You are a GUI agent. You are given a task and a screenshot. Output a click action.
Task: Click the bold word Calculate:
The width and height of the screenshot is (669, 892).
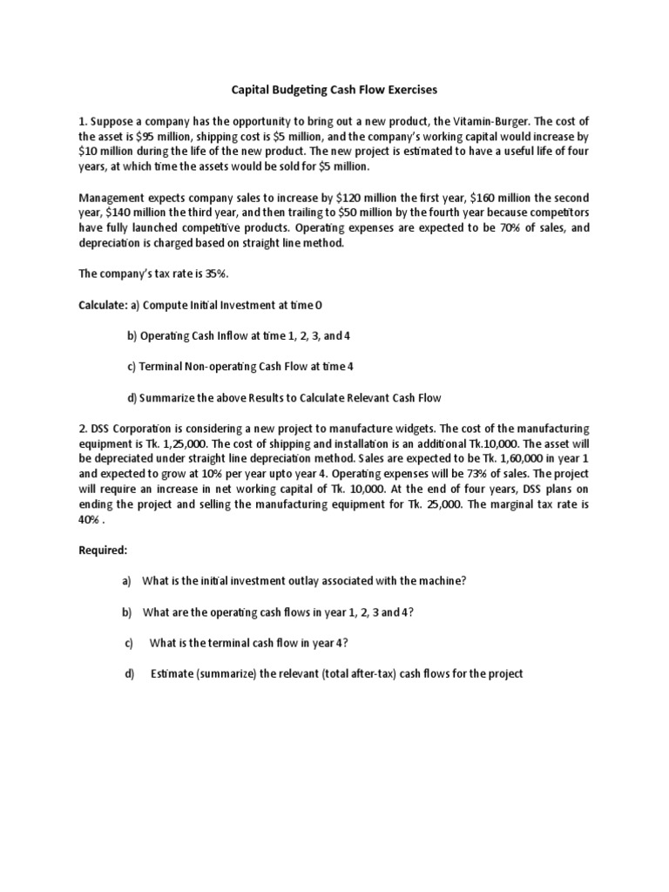103,305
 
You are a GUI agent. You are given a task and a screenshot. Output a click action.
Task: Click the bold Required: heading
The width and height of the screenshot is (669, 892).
103,551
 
